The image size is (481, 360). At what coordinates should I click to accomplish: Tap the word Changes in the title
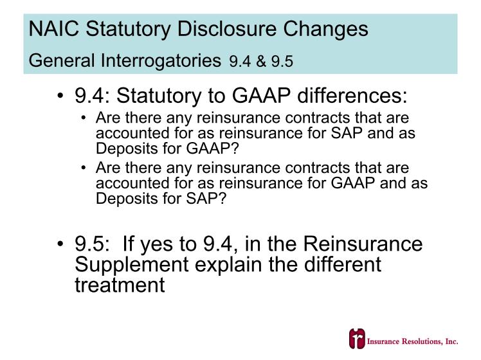coord(325,28)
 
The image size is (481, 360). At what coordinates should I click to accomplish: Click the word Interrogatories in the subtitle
coord(161,60)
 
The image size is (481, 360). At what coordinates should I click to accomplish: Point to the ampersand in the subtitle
coord(260,61)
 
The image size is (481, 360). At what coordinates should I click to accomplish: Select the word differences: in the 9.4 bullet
coord(352,95)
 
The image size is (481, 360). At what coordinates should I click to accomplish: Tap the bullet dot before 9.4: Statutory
coord(60,95)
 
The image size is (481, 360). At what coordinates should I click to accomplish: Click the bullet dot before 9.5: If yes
coord(60,244)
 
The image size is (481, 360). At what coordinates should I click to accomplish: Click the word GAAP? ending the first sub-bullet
coord(212,148)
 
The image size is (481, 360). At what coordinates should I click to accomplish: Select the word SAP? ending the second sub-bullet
coord(206,199)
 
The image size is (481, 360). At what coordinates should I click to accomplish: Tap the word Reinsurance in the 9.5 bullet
coord(363,244)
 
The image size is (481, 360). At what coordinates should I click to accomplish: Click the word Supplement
coord(132,265)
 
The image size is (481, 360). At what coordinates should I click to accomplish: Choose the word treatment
coord(120,285)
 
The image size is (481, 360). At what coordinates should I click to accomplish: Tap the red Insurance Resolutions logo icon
coord(357,339)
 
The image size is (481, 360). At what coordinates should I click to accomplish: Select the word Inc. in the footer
coord(451,341)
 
